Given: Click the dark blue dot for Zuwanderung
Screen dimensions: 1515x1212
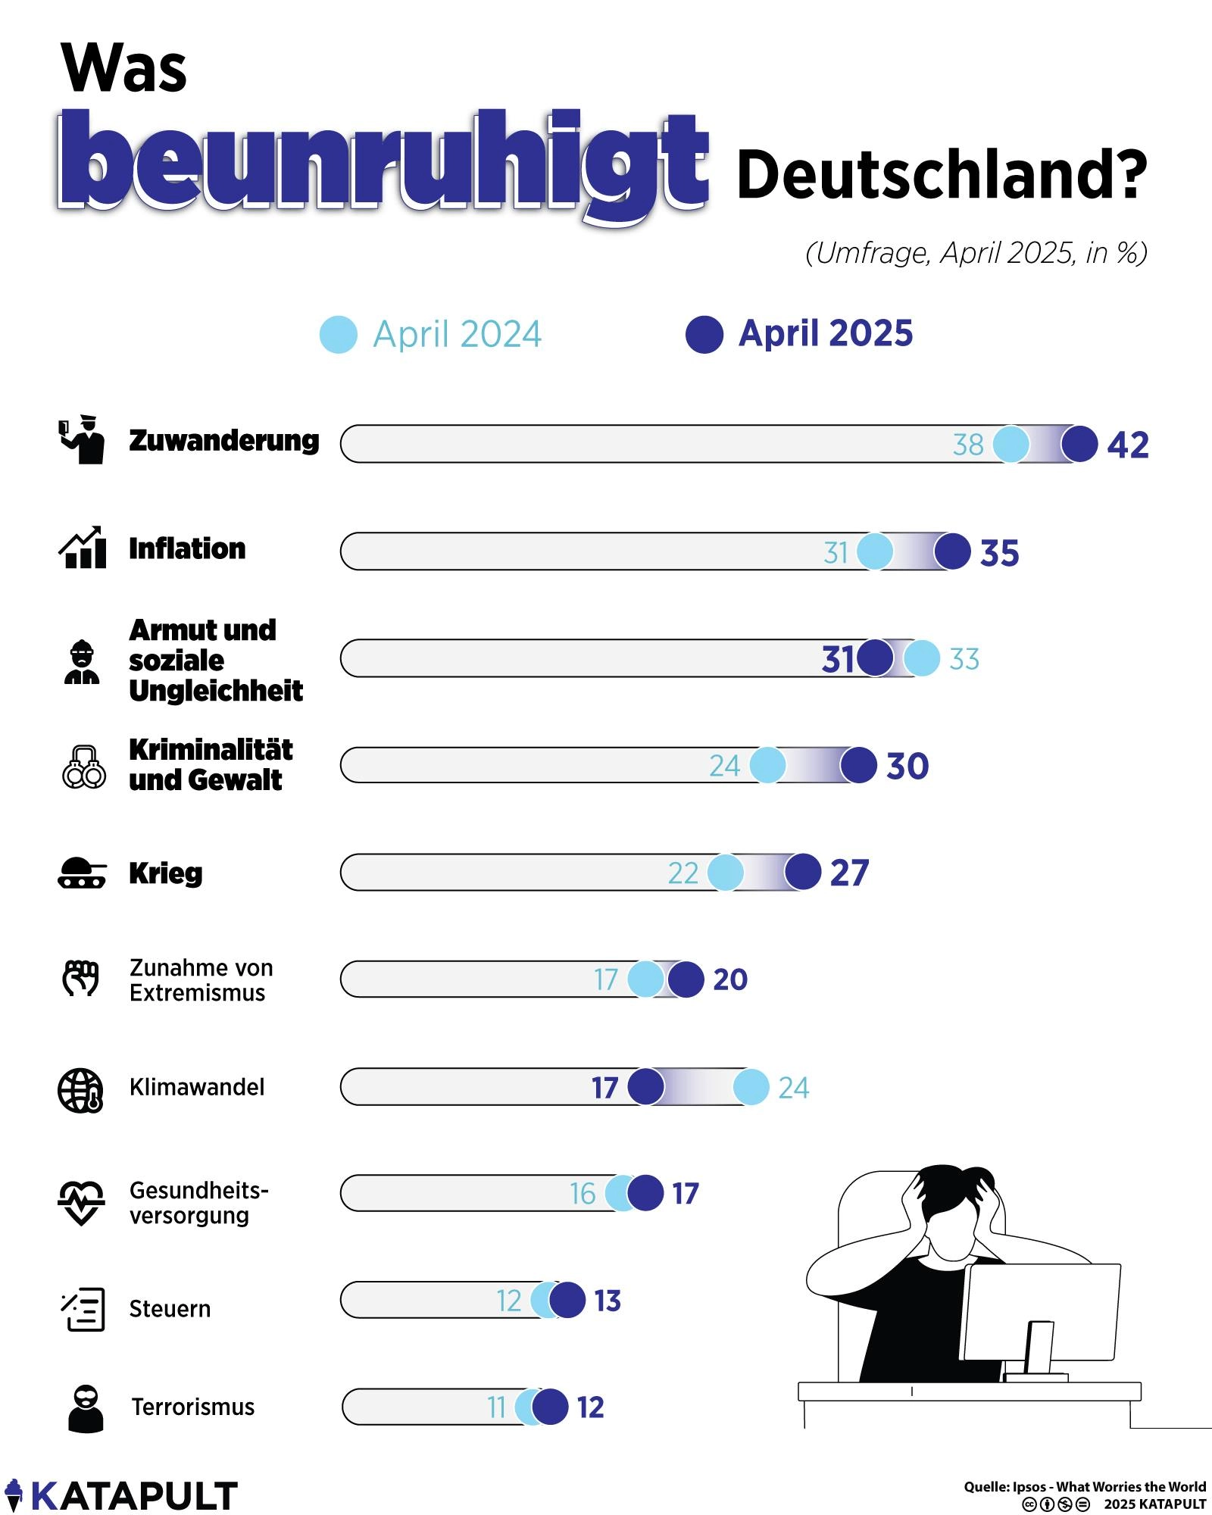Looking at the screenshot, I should click(1079, 444).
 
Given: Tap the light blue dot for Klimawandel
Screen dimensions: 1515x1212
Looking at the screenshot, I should click(751, 1087).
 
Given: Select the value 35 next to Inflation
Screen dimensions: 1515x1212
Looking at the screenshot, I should click(999, 553).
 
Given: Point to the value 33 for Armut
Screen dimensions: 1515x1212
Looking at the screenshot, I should click(964, 659).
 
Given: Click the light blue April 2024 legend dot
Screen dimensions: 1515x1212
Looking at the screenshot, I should click(338, 335).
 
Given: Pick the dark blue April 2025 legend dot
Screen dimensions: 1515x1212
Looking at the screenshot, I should click(704, 335).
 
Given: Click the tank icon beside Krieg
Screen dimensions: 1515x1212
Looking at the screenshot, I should click(82, 873).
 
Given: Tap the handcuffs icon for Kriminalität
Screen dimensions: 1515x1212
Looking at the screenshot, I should click(83, 767).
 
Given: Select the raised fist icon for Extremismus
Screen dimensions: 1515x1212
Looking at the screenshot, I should click(81, 978).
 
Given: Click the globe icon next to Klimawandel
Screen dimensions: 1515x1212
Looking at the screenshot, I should click(81, 1090).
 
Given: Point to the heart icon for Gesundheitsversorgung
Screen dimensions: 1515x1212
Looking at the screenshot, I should click(81, 1201).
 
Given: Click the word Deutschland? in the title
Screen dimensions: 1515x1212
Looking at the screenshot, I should click(941, 174).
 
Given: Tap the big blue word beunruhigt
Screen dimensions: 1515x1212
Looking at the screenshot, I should click(383, 163).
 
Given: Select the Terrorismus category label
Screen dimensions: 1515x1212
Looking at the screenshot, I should click(192, 1407).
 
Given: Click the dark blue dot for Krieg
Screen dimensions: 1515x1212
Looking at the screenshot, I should click(802, 872).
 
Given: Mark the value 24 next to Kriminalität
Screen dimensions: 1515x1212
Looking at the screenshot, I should click(724, 766).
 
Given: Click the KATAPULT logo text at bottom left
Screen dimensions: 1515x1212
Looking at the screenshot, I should click(133, 1496).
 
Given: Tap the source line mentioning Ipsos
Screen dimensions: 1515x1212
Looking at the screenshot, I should click(1084, 1486).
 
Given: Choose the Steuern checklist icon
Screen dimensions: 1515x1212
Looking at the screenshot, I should click(83, 1309).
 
